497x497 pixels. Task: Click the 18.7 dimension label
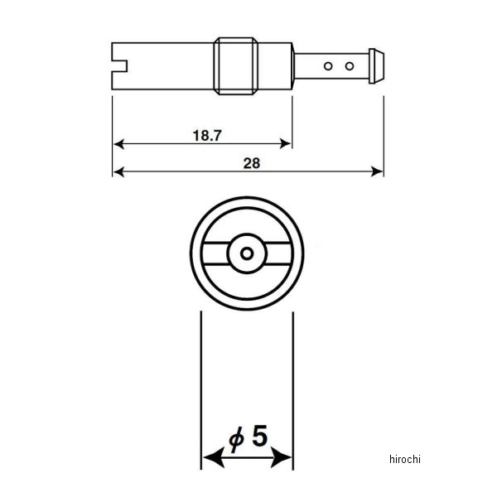click(207, 135)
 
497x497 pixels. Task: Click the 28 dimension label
click(252, 163)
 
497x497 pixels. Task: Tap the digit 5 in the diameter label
click(259, 436)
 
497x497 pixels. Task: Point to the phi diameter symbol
click(236, 439)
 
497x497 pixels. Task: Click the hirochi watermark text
click(405, 459)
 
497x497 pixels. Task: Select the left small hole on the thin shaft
click(328, 66)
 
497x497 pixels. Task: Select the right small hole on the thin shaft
click(350, 66)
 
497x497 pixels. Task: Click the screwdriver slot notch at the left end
click(120, 66)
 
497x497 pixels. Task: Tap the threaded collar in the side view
click(235, 66)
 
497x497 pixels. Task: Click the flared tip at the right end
click(376, 66)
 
